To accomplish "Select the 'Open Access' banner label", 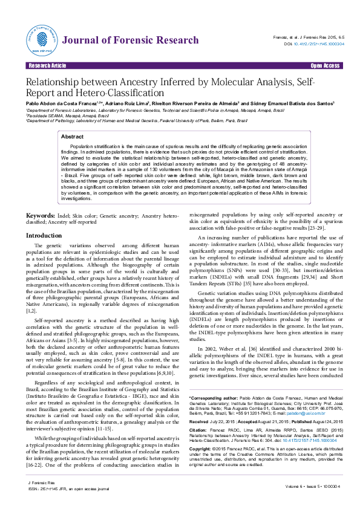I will pyautogui.click(x=324, y=65).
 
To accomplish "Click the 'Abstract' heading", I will pyautogui.click(x=73, y=137).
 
